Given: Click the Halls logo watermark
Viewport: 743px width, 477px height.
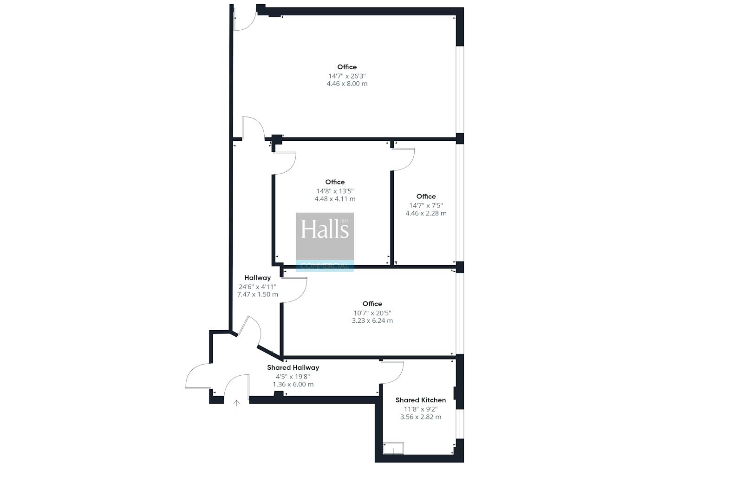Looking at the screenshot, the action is (325, 242).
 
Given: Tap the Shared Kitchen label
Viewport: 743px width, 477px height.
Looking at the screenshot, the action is (421, 400).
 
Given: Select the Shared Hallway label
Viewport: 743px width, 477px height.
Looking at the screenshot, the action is (293, 367).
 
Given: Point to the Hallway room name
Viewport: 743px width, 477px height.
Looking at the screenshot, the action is (257, 278).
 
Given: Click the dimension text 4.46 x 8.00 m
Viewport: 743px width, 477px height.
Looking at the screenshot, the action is (347, 84).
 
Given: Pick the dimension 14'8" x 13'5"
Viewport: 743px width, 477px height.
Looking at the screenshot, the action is (335, 191).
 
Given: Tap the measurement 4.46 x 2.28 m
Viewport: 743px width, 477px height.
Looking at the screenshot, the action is (426, 213).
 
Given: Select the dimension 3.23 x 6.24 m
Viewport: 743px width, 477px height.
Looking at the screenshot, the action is (372, 321).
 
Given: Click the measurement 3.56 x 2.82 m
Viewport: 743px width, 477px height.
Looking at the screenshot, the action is (421, 417).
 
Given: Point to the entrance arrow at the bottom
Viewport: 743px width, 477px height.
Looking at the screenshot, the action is (236, 403).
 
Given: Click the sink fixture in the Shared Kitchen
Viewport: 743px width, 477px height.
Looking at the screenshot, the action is (393, 448).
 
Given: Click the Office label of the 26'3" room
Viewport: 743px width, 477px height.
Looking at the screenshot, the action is (347, 67).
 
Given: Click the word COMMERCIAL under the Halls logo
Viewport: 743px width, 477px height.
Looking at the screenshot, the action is (325, 266).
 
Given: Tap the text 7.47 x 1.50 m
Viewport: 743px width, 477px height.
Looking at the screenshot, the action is (257, 294).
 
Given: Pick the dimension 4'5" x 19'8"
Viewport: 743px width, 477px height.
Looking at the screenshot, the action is (293, 377).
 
